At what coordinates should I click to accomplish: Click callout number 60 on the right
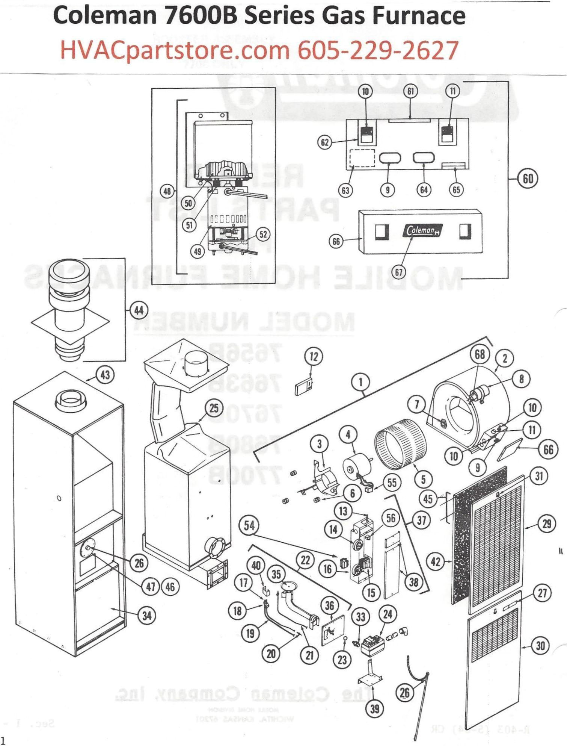point(528,179)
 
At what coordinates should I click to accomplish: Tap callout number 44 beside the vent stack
point(139,310)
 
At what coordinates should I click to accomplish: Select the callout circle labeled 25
point(214,408)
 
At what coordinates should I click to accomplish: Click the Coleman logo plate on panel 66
point(423,230)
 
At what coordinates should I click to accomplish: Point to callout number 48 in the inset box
point(167,191)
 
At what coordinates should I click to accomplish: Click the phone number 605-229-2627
point(378,50)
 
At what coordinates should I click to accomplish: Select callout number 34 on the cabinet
point(147,616)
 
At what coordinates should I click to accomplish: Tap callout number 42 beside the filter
point(435,562)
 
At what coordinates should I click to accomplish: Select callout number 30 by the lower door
point(540,646)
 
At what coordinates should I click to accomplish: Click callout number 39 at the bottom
point(375,709)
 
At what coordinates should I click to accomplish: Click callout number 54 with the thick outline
point(249,525)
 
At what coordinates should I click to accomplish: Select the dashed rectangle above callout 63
point(362,158)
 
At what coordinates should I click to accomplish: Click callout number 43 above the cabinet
point(105,375)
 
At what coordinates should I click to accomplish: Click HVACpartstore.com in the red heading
point(175,50)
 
